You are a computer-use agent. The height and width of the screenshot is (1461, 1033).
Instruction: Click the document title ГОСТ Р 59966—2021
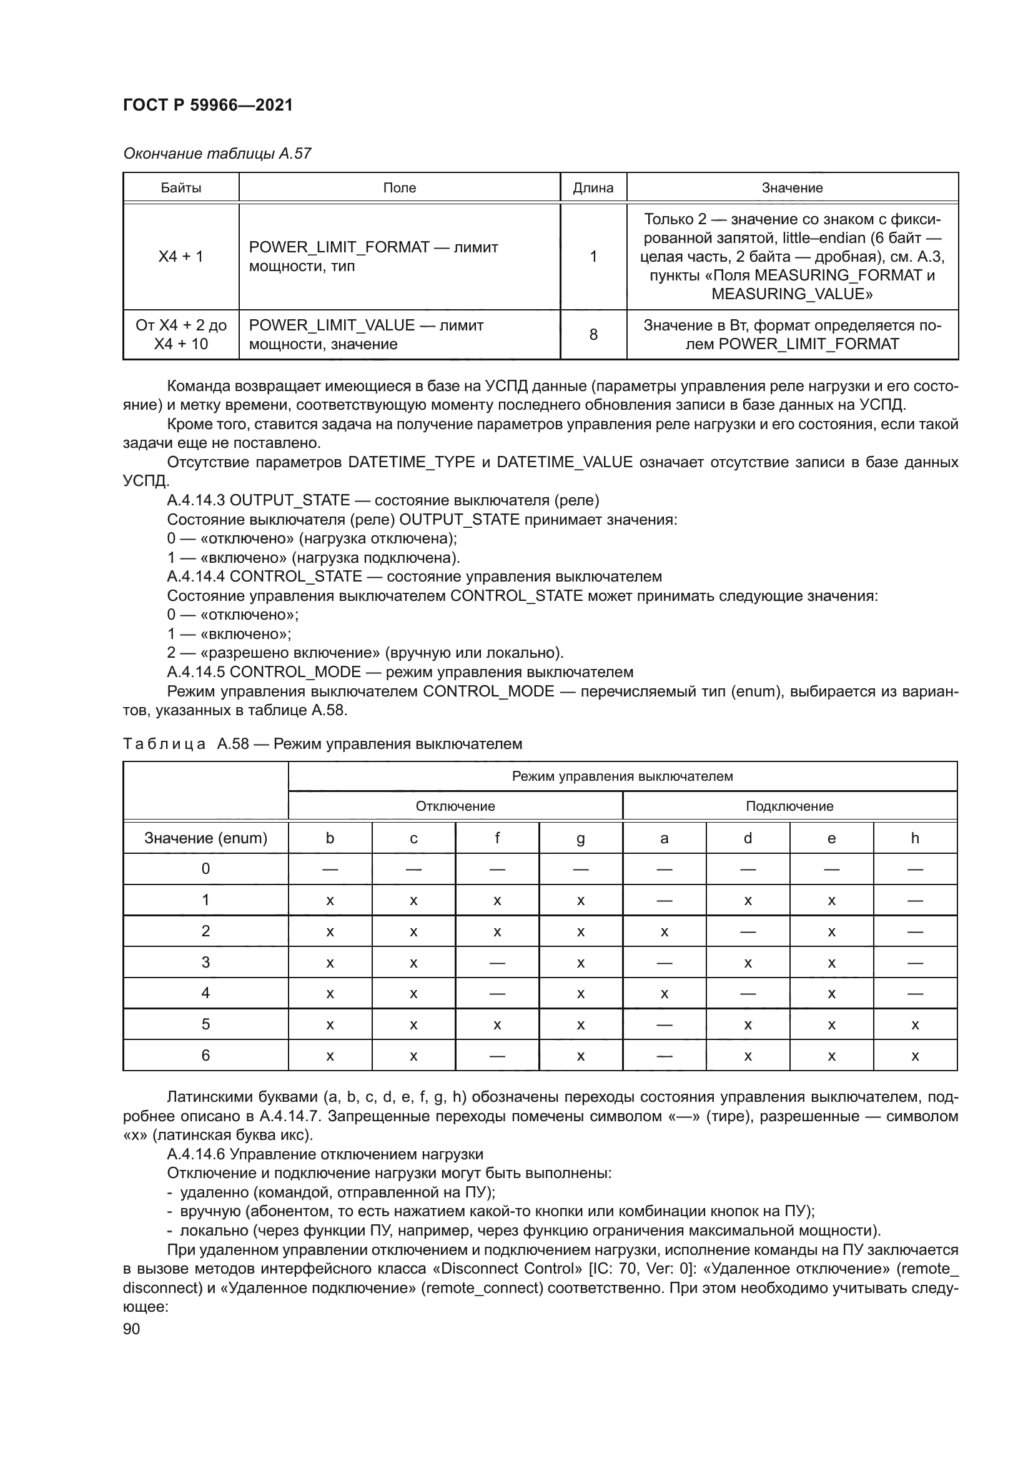pyautogui.click(x=207, y=105)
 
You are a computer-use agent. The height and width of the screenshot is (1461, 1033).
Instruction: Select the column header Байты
pyautogui.click(x=180, y=188)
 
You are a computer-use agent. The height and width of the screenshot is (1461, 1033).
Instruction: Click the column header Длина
pyautogui.click(x=593, y=188)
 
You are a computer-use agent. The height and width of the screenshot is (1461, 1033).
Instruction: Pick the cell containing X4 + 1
pyautogui.click(x=180, y=257)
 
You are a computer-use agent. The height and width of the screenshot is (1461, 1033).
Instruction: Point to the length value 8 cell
pyautogui.click(x=593, y=335)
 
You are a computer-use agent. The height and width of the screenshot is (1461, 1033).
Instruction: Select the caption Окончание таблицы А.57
pyautogui.click(x=217, y=154)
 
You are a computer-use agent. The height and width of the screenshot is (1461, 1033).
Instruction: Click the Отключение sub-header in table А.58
pyautogui.click(x=455, y=806)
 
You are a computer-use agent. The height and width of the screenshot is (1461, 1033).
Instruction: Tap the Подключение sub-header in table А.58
pyautogui.click(x=789, y=806)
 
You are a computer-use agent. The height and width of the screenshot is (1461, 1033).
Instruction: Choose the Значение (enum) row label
pyautogui.click(x=205, y=838)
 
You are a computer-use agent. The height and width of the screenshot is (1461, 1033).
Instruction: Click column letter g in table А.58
pyautogui.click(x=580, y=839)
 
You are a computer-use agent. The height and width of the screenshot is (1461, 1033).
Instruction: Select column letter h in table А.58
pyautogui.click(x=915, y=838)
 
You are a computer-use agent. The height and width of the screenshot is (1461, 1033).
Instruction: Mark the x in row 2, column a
pyautogui.click(x=664, y=931)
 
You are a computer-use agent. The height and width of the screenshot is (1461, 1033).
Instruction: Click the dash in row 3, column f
pyautogui.click(x=497, y=963)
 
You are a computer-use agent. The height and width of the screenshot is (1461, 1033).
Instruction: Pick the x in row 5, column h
pyautogui.click(x=915, y=1025)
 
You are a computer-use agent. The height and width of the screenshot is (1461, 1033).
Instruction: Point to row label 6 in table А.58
pyautogui.click(x=205, y=1056)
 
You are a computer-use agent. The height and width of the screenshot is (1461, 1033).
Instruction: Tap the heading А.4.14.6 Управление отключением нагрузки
pyautogui.click(x=324, y=1154)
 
